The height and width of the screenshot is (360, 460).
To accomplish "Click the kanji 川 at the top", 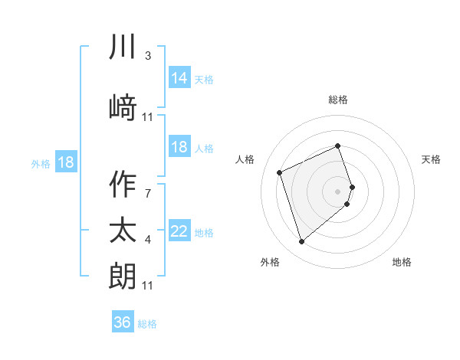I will [123, 47].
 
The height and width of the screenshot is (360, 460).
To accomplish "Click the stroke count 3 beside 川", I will [147, 56].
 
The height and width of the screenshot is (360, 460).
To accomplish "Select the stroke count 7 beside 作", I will [147, 194].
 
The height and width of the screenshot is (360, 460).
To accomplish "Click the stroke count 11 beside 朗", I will [147, 286].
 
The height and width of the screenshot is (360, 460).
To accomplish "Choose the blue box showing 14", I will [179, 77].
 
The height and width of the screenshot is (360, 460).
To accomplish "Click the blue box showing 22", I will [179, 231].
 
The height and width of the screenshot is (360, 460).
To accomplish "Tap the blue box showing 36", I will [123, 322].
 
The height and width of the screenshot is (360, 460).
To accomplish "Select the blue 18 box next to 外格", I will [65, 162].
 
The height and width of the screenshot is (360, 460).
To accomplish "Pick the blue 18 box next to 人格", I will [179, 147].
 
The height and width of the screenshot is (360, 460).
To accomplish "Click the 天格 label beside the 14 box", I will [204, 79].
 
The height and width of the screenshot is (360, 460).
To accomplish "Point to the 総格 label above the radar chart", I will [338, 100].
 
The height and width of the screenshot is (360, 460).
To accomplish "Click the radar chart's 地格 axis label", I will [402, 262].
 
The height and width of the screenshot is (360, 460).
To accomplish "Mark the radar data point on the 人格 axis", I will [280, 172].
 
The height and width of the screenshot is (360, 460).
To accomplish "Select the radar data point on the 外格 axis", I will [301, 241].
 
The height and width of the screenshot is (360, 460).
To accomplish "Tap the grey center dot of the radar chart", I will [338, 191].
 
